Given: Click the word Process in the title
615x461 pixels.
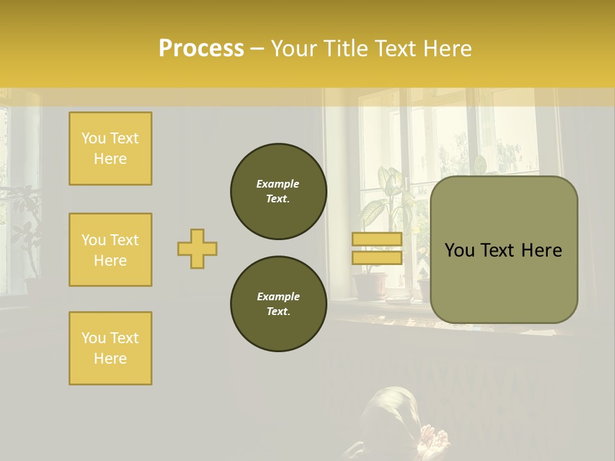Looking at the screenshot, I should point(201,49).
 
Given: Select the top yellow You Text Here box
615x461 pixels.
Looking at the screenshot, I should point(110,149).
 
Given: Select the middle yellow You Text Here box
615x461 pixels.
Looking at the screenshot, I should point(110,250).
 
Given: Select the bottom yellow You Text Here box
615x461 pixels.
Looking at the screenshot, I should point(110,348).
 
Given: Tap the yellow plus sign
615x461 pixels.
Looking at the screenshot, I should point(197,248).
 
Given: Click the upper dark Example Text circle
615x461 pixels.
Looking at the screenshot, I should point(278,191).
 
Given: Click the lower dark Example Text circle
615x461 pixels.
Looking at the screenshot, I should point(278,304).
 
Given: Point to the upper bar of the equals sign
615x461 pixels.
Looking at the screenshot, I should point(377,239).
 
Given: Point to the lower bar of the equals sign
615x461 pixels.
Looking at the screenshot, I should point(377,257).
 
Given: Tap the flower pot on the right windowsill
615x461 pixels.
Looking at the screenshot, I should point(370,286).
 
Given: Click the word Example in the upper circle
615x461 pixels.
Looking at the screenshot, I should point(278,184).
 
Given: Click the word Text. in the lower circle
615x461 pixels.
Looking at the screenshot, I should point(278,312).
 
